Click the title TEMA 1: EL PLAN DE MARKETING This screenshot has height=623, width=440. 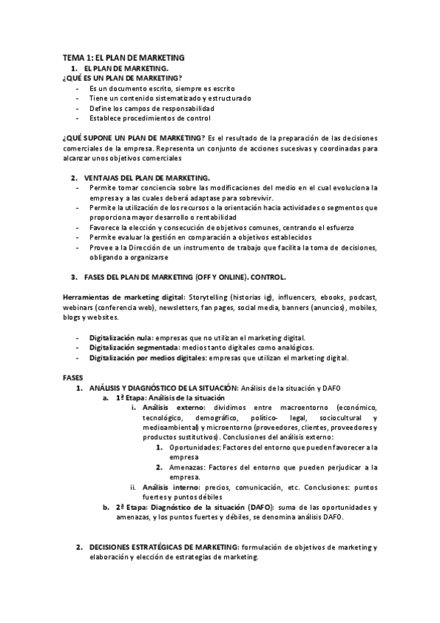(x=123, y=57)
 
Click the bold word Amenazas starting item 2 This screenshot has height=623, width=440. (x=187, y=467)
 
